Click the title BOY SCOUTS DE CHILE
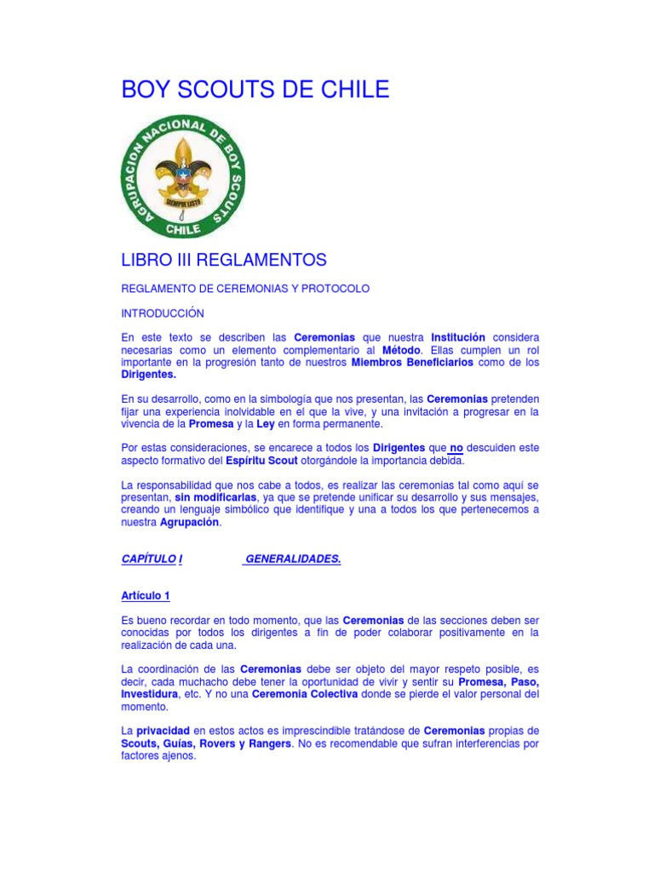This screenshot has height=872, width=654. (255, 89)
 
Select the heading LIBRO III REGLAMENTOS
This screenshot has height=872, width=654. (224, 259)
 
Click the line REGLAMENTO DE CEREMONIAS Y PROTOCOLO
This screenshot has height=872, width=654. (245, 289)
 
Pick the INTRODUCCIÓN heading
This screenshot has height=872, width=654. (163, 313)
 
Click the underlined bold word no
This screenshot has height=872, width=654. (456, 448)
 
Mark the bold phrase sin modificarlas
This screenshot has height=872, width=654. (210, 497)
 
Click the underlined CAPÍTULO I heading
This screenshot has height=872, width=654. (153, 559)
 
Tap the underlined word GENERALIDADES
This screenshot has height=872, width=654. (293, 559)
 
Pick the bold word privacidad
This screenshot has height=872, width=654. (163, 731)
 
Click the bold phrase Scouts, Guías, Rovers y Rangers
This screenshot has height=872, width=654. (206, 743)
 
